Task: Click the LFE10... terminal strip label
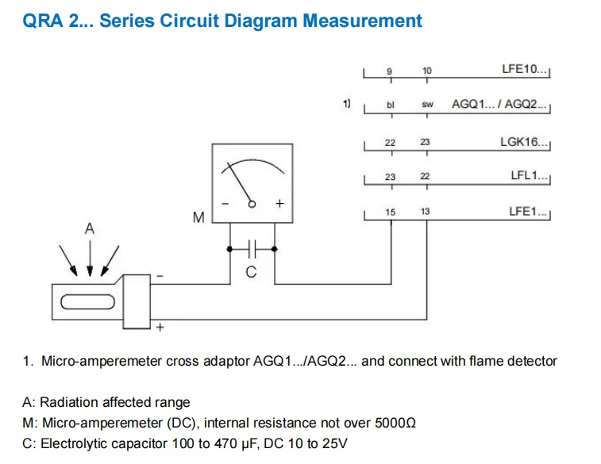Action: [x=524, y=69]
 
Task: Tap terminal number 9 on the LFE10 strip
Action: [x=389, y=71]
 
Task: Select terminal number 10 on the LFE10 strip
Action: [x=426, y=71]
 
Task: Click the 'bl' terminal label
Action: [x=390, y=105]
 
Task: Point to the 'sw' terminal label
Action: [x=427, y=104]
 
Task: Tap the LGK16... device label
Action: [x=524, y=142]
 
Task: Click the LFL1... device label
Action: [x=529, y=175]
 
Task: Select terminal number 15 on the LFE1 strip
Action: [x=390, y=212]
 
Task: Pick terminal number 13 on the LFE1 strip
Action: [x=425, y=211]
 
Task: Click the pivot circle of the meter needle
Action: [x=252, y=204]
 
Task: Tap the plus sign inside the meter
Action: [x=279, y=203]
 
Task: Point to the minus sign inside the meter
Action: [x=225, y=204]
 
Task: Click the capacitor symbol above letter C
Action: [x=252, y=249]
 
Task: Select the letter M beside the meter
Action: [x=198, y=217]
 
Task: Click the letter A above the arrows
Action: [x=89, y=228]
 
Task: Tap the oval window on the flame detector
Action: [x=88, y=301]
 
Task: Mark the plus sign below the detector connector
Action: [x=160, y=328]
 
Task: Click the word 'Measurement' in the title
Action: [x=362, y=21]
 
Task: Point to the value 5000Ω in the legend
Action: [x=395, y=423]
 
